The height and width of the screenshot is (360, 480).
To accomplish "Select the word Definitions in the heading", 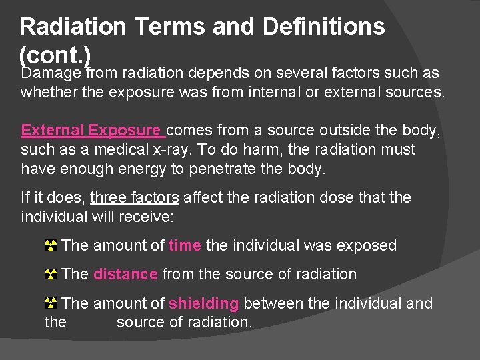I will coord(324,27).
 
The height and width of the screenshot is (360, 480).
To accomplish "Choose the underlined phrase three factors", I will coord(134,197).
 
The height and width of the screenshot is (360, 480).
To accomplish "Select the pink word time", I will coord(185,245).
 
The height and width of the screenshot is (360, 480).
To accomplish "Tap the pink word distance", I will coord(125,274).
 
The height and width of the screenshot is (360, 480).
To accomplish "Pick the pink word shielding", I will coord(203,303).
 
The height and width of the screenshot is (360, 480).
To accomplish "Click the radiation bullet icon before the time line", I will coord(50,246).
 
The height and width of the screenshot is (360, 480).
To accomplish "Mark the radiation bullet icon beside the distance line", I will coord(50,275).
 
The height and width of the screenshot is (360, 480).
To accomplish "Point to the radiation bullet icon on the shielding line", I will coord(50,304).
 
